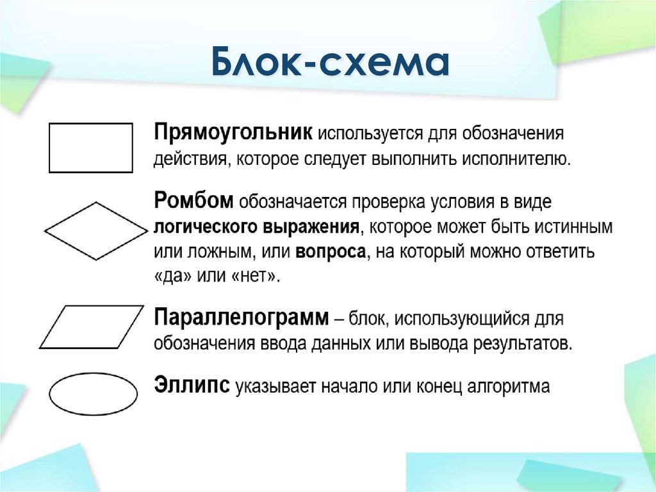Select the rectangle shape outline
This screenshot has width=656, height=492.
(x=91, y=148)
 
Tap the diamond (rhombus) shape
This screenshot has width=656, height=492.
(x=95, y=231)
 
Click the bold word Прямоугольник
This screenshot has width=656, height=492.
(x=233, y=134)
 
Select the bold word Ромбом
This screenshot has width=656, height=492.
(x=194, y=201)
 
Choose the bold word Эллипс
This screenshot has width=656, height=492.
(x=192, y=386)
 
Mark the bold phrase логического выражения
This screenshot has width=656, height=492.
(x=256, y=227)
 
